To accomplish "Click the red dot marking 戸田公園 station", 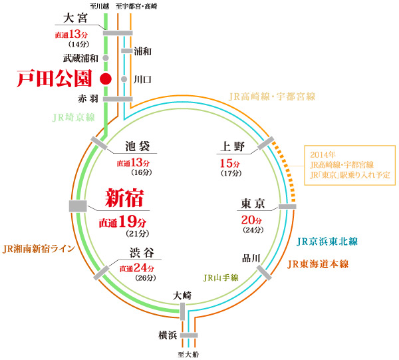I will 104,79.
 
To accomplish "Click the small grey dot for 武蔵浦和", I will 105,59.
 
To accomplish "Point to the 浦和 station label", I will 142,51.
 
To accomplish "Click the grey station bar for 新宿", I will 78,206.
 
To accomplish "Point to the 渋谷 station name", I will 139,253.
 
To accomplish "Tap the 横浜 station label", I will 168,335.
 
